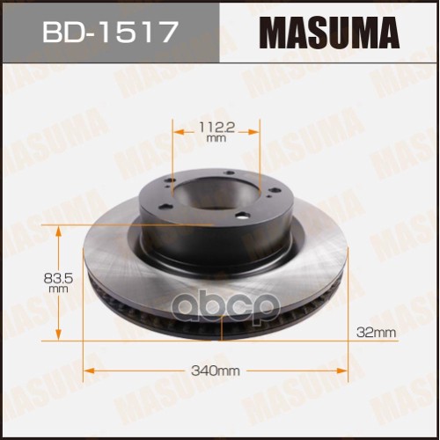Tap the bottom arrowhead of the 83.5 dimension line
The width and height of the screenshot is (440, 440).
click(59, 337)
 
